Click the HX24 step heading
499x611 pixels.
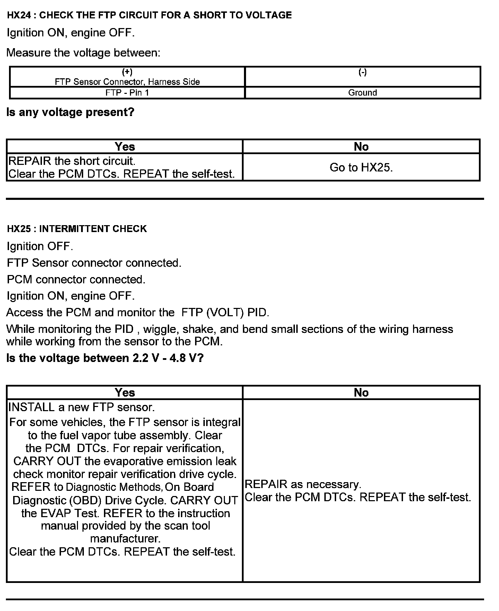point(149,15)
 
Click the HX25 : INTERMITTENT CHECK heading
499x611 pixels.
point(77,229)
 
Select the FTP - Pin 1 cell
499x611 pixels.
point(127,93)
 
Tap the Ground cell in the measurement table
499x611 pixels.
point(362,93)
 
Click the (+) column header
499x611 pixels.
point(127,72)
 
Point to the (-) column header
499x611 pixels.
point(362,72)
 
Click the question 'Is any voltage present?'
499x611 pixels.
point(70,112)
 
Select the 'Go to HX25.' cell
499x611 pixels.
point(361,168)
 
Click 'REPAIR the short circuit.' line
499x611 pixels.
point(72,161)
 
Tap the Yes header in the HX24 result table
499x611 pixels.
point(125,147)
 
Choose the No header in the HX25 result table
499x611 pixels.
point(361,392)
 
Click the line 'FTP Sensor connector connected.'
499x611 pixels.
point(94,263)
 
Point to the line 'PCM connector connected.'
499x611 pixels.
point(76,280)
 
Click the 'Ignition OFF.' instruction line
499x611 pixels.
point(40,247)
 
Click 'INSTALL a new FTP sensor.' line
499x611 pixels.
point(81,407)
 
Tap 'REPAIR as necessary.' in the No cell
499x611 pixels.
point(303,484)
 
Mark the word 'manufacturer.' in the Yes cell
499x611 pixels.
point(125,539)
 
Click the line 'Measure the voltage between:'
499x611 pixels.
point(84,53)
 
